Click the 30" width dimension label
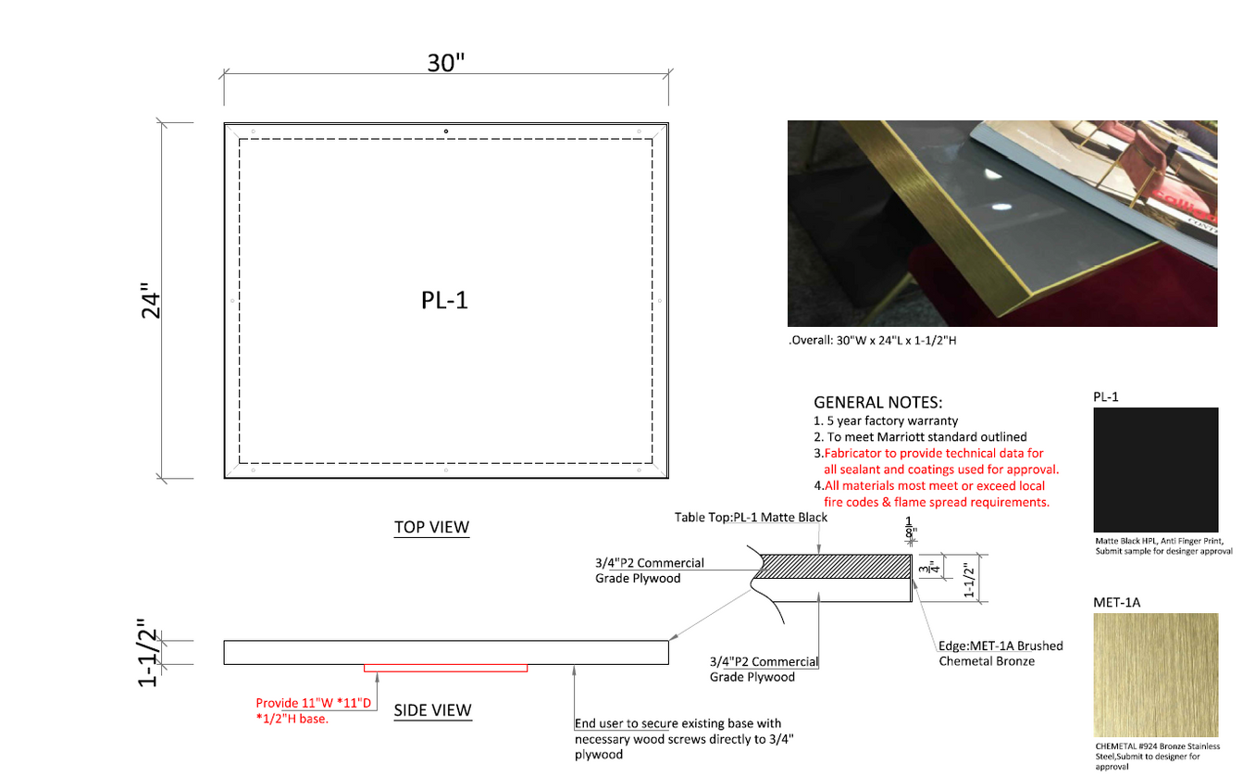pos(445,63)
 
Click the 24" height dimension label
pos(150,300)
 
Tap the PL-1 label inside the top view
pos(444,300)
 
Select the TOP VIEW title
pos(431,527)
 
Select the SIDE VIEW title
pos(433,710)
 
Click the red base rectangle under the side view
pos(445,668)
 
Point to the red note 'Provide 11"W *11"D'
pos(313,703)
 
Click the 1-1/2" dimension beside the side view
pos(148,653)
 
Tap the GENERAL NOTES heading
pos(877,402)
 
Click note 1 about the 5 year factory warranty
pos(886,420)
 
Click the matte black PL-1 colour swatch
pos(1156,470)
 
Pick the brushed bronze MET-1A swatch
pos(1156,675)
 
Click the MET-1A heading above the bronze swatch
pos(1116,603)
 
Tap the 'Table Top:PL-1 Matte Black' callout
pos(751,517)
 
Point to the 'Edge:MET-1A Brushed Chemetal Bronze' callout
pos(1001,653)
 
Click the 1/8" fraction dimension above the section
pos(910,528)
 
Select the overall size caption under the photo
pos(872,341)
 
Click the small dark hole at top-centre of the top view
pos(445,132)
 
